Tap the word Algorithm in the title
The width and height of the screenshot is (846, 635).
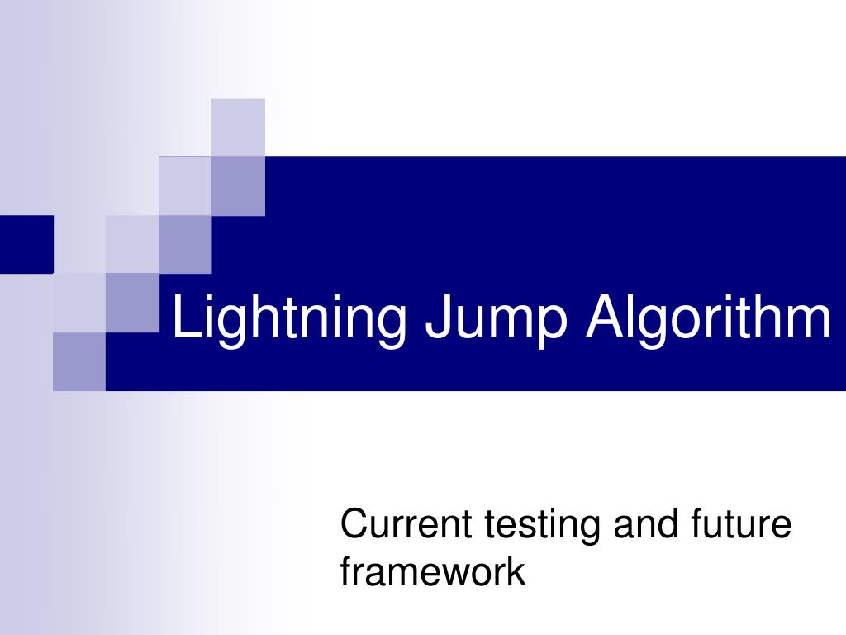tap(708, 321)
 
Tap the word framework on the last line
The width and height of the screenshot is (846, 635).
tap(433, 571)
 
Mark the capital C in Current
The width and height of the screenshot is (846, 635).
tap(354, 524)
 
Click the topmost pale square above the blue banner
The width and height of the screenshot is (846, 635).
tap(238, 127)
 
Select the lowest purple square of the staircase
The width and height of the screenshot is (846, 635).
tap(79, 361)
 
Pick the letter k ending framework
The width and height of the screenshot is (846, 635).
tap(517, 571)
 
